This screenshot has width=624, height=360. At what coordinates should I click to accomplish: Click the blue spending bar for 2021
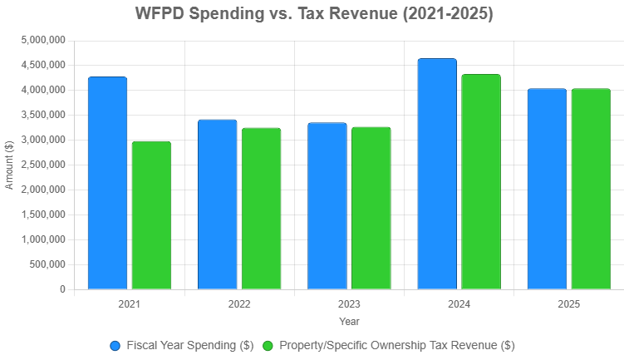point(107,183)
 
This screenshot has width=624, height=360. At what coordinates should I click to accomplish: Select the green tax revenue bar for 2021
point(151,215)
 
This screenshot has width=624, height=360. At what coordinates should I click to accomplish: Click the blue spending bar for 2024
point(437,174)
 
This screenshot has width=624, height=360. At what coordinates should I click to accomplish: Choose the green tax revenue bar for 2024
point(481,182)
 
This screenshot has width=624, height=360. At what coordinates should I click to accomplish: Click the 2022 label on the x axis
point(238,305)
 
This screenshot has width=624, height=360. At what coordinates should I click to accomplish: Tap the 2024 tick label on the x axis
point(459,305)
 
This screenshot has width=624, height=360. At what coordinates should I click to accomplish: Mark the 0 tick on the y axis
point(62,289)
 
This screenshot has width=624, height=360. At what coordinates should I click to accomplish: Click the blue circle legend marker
point(115,345)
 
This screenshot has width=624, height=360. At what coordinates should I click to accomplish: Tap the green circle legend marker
point(268,345)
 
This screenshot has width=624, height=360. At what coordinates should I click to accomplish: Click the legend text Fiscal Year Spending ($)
point(190,345)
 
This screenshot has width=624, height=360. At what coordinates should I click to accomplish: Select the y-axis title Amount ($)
point(10,165)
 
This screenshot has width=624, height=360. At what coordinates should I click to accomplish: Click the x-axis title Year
point(349,321)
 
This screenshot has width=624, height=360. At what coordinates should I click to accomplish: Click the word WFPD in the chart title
point(160,14)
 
